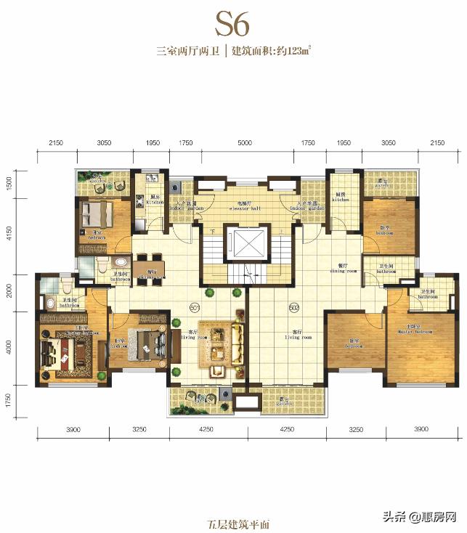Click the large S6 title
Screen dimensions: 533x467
[233, 24]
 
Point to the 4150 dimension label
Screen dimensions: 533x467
[10, 234]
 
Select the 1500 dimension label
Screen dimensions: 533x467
[10, 182]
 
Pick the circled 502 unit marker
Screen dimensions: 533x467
[294, 306]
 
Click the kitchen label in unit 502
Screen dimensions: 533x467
[341, 196]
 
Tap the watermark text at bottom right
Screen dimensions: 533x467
[425, 517]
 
